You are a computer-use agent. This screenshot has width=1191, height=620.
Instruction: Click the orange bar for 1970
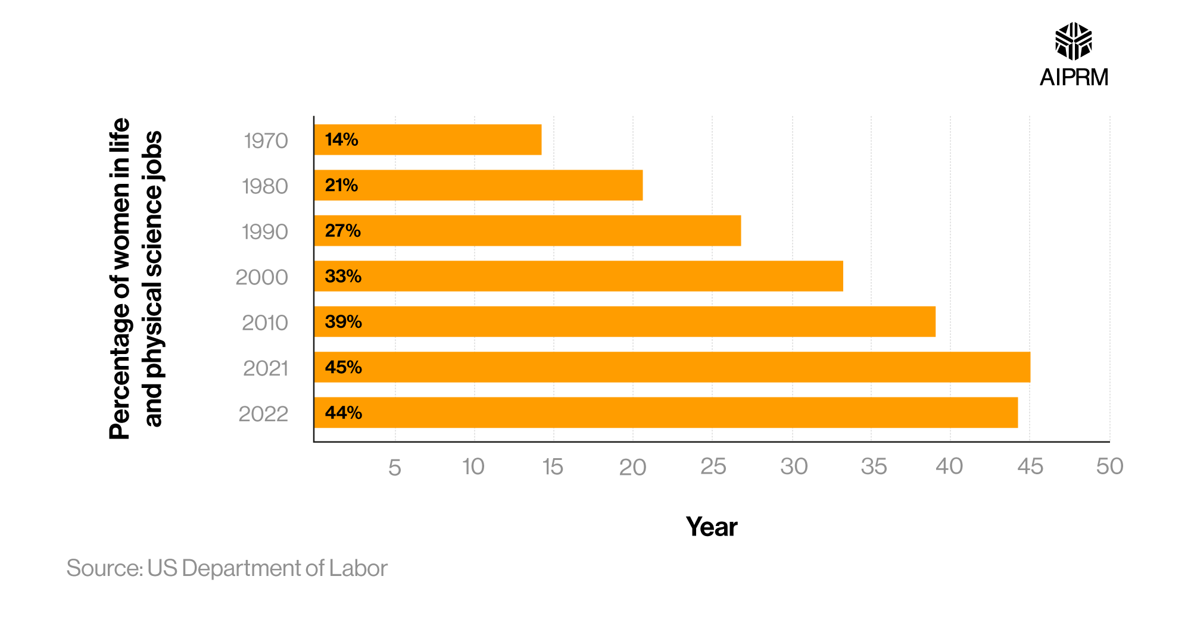coord(428,140)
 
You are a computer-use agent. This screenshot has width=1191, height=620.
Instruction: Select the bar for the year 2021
coord(672,367)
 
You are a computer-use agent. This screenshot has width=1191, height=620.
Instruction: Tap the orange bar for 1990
coord(528,231)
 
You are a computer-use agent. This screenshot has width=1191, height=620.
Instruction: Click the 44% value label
coord(343,413)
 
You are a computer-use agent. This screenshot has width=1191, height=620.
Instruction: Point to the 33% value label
coord(343,276)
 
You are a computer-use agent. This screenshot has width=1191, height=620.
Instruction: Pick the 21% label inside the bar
coord(341,185)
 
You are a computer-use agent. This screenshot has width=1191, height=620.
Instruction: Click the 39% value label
coord(343,322)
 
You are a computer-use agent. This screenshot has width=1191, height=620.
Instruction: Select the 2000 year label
coord(262,277)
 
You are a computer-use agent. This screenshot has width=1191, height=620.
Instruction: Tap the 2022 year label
coord(263,414)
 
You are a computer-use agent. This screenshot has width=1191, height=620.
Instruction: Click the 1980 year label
coord(265,187)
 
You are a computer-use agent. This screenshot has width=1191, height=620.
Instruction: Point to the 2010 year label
coord(265,323)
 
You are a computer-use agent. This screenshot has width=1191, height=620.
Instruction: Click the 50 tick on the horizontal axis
coord(1109,466)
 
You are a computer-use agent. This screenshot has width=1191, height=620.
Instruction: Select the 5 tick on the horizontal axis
coord(395,468)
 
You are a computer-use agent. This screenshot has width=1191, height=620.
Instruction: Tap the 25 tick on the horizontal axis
coord(713,466)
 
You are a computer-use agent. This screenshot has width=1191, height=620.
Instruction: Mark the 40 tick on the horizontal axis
coord(949,466)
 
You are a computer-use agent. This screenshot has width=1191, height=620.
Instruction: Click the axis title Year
coord(712,527)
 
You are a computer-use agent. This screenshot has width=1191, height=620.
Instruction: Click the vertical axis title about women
coord(136,278)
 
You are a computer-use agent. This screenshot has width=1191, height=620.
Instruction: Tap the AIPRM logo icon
coord(1073,42)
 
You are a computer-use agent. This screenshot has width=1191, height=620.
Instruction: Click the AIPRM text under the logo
coord(1074,77)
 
